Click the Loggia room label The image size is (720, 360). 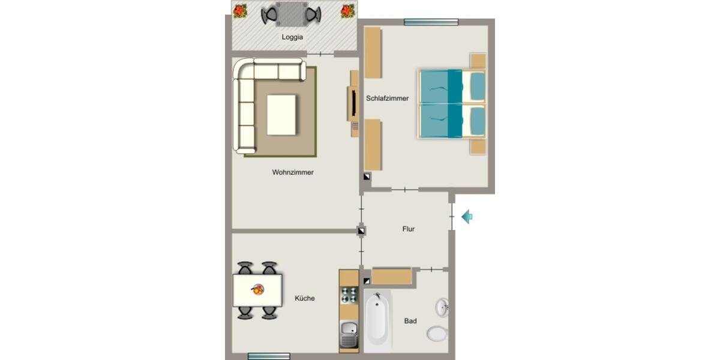pyautogui.click(x=292, y=37)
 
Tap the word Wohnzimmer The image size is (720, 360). pyautogui.click(x=293, y=172)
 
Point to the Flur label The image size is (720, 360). pyautogui.click(x=408, y=229)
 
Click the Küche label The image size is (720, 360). pyautogui.click(x=305, y=298)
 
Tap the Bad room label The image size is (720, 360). pyautogui.click(x=410, y=321)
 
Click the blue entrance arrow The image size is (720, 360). pyautogui.click(x=467, y=217)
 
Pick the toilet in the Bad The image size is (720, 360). pyautogui.click(x=437, y=333)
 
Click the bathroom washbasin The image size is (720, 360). pyautogui.click(x=442, y=307)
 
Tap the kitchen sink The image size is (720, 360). pyautogui.click(x=349, y=334)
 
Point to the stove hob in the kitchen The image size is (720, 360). pyautogui.click(x=349, y=295)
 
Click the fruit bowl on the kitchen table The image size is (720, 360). pyautogui.click(x=258, y=290)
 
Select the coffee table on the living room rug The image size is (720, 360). pyautogui.click(x=281, y=115)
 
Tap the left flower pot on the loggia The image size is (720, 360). pyautogui.click(x=240, y=11)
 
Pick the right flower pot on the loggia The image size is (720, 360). pyautogui.click(x=347, y=11)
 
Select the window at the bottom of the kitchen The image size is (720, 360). pyautogui.click(x=269, y=356)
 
